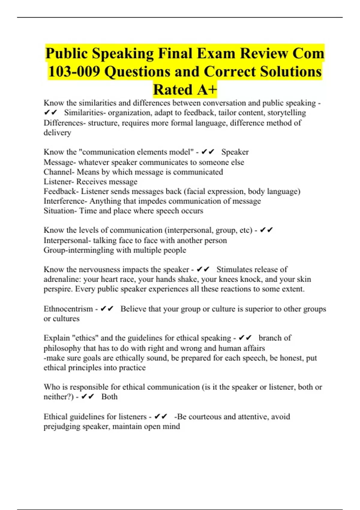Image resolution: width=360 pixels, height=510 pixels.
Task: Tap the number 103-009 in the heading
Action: (x=74, y=72)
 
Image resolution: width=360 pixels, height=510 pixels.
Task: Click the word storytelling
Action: (x=286, y=113)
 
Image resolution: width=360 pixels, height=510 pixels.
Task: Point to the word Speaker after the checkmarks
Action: (x=235, y=152)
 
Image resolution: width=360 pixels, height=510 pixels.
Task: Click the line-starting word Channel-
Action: (x=59, y=172)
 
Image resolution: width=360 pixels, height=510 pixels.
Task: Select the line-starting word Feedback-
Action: (x=61, y=191)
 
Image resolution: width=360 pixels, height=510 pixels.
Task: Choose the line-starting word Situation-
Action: (x=60, y=211)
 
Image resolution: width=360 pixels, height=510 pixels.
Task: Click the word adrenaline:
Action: (x=62, y=279)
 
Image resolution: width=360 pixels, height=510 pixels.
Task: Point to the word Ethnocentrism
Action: (x=68, y=309)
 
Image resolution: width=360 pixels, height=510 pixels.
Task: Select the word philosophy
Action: (x=62, y=348)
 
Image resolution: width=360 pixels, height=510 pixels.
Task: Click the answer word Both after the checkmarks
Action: (x=109, y=397)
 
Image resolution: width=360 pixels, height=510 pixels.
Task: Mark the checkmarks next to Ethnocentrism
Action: (x=107, y=309)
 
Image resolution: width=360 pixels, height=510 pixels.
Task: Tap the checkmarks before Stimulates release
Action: (x=203, y=269)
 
